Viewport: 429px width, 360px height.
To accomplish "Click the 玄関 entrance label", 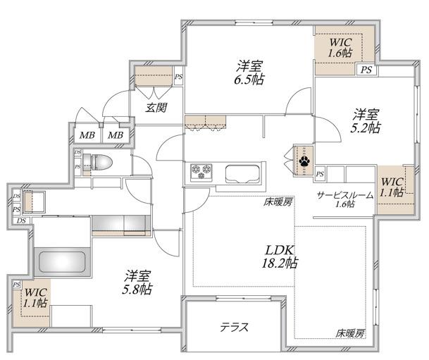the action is (x=156, y=108).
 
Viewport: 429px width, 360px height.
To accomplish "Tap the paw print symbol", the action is (x=304, y=161).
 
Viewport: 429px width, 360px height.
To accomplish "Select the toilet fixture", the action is (x=98, y=162).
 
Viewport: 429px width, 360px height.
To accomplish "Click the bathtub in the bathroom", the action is (x=62, y=262).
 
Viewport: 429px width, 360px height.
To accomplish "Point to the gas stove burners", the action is (x=201, y=171).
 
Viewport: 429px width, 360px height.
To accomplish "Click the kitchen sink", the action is (x=242, y=174).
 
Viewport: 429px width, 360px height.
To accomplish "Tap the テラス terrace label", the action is (x=235, y=327).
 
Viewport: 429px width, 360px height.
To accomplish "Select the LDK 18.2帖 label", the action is (x=280, y=256).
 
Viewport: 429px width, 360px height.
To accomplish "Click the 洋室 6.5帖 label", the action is (x=249, y=73).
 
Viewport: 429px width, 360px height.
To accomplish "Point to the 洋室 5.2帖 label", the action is (x=366, y=120).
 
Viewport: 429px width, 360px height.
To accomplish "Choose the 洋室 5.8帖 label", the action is (x=137, y=283).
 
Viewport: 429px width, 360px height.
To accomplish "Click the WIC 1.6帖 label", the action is (x=340, y=47).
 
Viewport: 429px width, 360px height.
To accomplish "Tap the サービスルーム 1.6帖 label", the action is (x=345, y=199).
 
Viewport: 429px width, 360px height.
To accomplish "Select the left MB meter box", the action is (x=87, y=135).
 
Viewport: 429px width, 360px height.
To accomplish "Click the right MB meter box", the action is (x=116, y=135).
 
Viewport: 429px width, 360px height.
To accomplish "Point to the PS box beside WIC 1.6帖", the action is (x=366, y=70).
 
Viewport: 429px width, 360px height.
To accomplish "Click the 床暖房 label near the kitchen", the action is (x=278, y=202).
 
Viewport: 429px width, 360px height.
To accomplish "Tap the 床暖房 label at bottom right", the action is (x=350, y=333).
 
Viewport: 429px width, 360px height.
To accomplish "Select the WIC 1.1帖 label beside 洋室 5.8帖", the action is (x=35, y=297).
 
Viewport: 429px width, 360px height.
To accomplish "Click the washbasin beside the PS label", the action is (x=34, y=202).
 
